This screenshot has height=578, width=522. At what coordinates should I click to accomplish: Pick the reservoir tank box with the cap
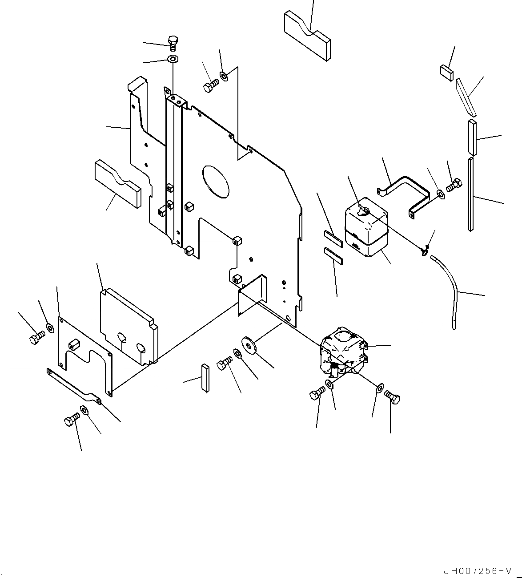coord(366,227)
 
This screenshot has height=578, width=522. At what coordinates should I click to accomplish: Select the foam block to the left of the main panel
coord(117,184)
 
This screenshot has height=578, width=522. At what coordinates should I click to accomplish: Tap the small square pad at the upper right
coord(447,72)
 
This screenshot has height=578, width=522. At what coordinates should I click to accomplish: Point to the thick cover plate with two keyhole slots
coord(128,327)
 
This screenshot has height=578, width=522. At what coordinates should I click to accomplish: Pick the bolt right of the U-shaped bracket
coord(454,184)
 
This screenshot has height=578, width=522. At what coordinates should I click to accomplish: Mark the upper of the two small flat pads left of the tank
coord(333,238)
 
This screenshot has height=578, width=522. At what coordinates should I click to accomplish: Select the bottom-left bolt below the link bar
coord(72,420)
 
